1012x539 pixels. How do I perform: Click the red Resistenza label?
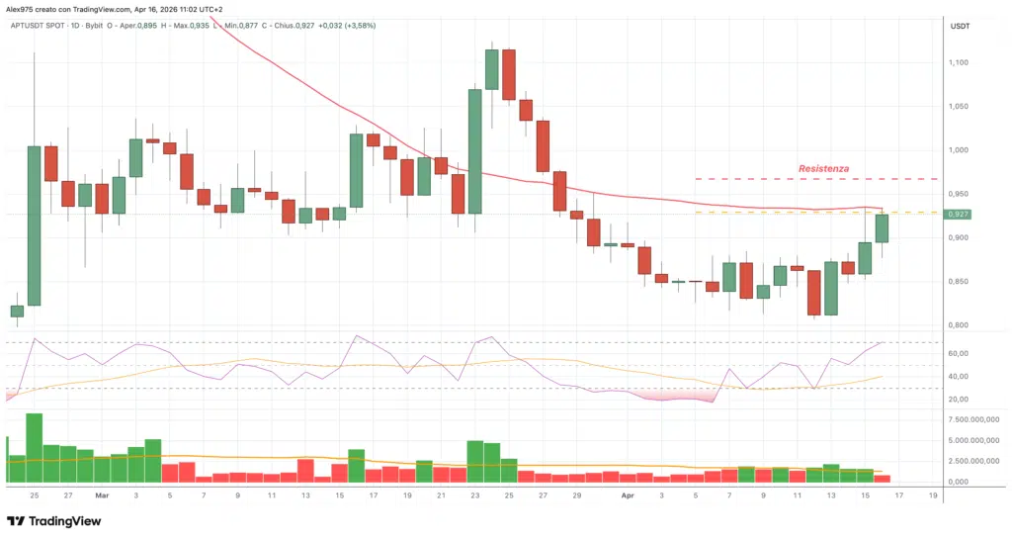pyautogui.click(x=823, y=169)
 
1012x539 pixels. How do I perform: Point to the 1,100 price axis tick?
pyautogui.click(x=959, y=62)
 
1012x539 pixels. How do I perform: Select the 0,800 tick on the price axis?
pyautogui.click(x=959, y=325)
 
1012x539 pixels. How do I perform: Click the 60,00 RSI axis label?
pyautogui.click(x=958, y=353)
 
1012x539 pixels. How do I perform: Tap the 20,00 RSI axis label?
pyautogui.click(x=958, y=399)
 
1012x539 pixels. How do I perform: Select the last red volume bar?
pyautogui.click(x=883, y=478)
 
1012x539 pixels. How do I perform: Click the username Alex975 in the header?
pyautogui.click(x=22, y=9)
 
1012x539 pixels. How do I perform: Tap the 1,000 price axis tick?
pyautogui.click(x=959, y=150)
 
